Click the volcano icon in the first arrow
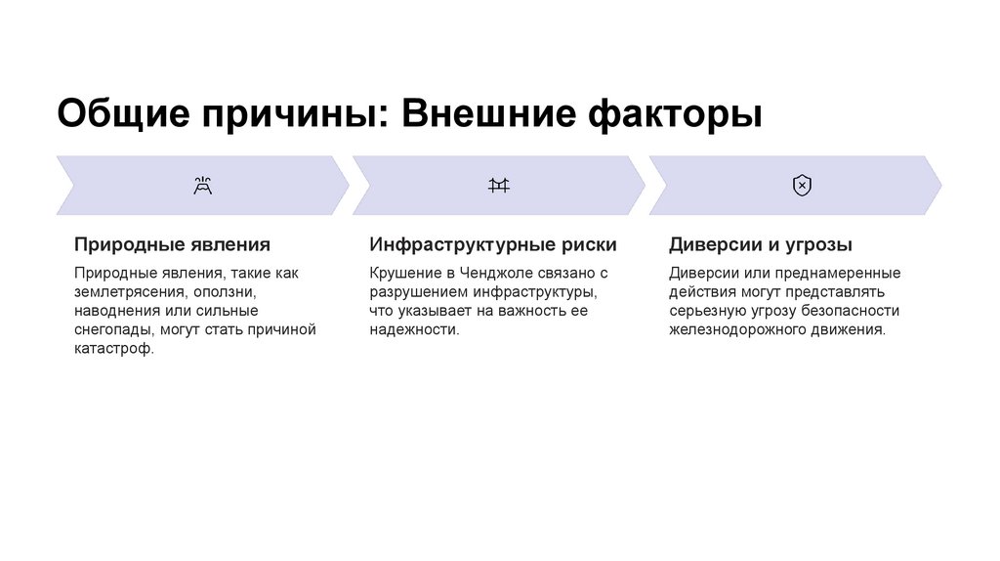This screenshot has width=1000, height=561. [203, 186]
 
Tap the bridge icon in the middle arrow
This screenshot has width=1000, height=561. [499, 186]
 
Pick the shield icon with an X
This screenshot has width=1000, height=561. [802, 186]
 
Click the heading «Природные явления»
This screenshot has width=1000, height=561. [172, 244]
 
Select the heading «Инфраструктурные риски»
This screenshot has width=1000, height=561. [492, 244]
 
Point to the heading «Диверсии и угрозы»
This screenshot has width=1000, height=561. [761, 244]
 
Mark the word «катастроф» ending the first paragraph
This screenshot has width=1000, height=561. [112, 349]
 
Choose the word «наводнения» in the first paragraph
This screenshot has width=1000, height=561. [115, 311]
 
